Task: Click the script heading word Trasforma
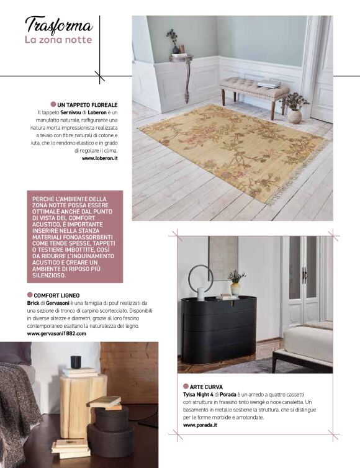(59, 25)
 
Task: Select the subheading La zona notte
(58, 40)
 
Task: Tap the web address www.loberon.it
(100, 158)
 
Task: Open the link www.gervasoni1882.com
(56, 333)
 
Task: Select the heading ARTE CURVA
(210, 387)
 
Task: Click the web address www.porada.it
(203, 425)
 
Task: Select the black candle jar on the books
(76, 362)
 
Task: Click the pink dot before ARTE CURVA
(186, 386)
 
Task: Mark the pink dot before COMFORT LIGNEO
(30, 295)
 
